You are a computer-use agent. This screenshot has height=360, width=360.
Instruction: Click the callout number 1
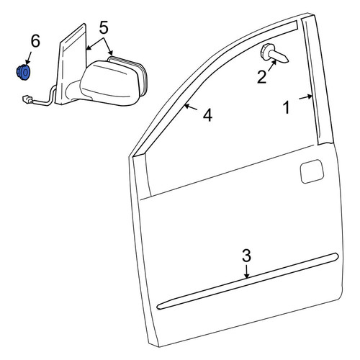click(x=287, y=107)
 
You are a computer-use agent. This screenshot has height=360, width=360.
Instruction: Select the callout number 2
click(x=261, y=77)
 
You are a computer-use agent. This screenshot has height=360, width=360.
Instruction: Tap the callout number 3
click(x=246, y=256)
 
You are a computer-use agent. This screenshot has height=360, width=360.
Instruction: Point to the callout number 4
click(x=207, y=115)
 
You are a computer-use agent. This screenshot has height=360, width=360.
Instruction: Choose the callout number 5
click(x=104, y=27)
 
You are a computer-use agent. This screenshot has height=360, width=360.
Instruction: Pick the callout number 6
click(x=35, y=41)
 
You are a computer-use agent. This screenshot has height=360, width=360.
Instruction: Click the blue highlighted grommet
click(x=23, y=72)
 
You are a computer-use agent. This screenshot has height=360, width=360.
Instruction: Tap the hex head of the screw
click(x=266, y=51)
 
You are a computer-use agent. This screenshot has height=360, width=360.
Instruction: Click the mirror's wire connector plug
click(x=27, y=99)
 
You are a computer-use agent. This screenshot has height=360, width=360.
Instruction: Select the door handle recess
click(x=312, y=171)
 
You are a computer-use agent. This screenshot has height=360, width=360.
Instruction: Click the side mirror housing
click(x=109, y=83)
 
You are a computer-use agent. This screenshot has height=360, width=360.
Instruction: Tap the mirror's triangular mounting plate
click(x=71, y=64)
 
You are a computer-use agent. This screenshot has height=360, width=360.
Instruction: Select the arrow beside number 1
click(x=306, y=97)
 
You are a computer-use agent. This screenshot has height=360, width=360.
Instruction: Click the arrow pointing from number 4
click(x=191, y=107)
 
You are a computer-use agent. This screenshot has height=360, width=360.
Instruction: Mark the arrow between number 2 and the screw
click(x=273, y=66)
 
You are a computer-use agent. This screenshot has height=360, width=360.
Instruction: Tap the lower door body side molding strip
click(x=248, y=282)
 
